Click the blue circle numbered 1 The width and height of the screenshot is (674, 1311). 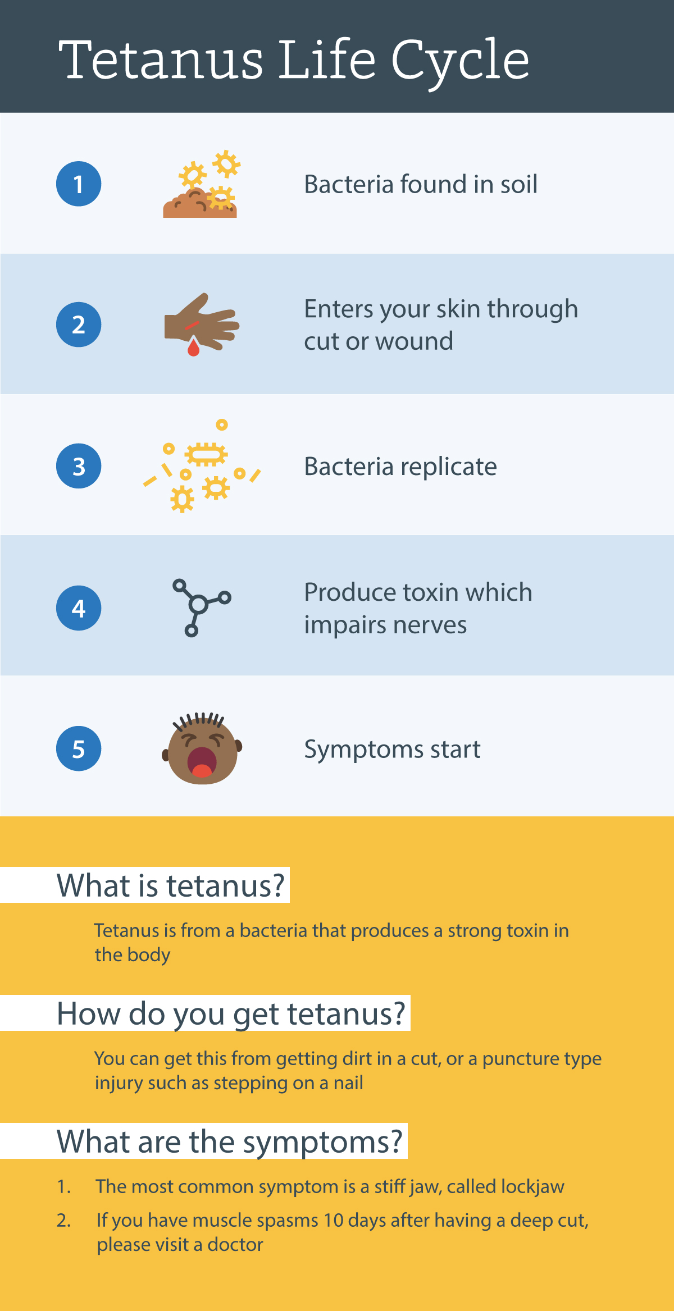point(79,184)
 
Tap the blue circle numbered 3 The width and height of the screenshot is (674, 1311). point(79,466)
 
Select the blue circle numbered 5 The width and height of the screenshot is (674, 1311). point(79,748)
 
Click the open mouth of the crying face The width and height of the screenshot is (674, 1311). point(202,762)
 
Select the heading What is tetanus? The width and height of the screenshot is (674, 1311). point(171,885)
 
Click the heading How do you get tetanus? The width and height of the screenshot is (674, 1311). point(231,1014)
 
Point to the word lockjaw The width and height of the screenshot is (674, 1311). point(532,1186)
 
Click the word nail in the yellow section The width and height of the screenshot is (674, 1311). point(348,1082)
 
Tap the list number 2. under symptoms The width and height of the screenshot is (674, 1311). point(63,1220)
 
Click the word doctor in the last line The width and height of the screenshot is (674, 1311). point(235,1245)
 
